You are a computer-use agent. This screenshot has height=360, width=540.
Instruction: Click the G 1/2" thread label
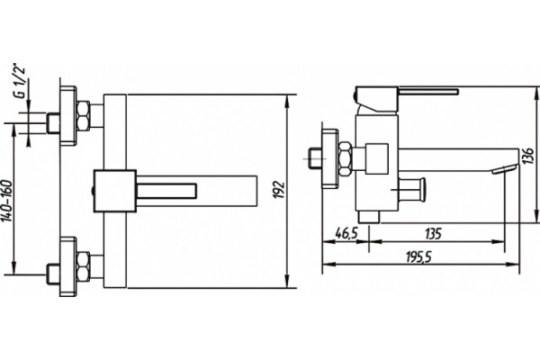click(x=21, y=80)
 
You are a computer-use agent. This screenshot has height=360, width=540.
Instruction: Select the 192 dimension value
click(x=281, y=189)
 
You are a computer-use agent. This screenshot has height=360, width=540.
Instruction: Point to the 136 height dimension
click(x=530, y=156)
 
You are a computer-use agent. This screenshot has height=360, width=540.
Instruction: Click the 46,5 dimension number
click(x=346, y=233)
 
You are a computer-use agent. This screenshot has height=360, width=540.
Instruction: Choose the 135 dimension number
click(x=433, y=233)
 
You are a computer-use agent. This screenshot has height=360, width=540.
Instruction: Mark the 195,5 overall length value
click(x=418, y=256)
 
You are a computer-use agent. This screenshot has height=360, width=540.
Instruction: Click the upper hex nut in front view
click(x=84, y=116)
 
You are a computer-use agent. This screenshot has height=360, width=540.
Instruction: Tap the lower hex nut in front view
click(x=84, y=267)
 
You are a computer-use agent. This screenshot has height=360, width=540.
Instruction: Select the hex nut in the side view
click(x=345, y=158)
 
